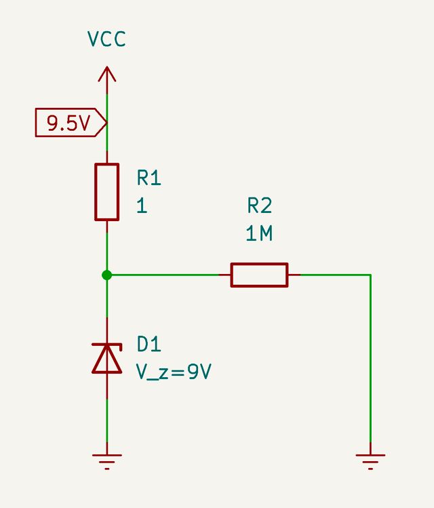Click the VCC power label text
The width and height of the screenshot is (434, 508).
pyautogui.click(x=106, y=39)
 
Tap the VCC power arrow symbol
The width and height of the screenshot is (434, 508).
pyautogui.click(x=106, y=75)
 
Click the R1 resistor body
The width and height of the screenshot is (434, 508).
pyautogui.click(x=106, y=192)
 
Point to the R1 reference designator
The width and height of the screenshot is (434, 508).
pyautogui.click(x=149, y=178)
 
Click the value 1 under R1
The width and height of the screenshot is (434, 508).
pyautogui.click(x=142, y=206)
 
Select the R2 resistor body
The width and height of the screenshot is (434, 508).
pyautogui.click(x=259, y=275)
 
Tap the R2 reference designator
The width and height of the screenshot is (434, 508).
pyautogui.click(x=259, y=206)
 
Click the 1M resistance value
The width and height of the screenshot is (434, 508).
pyautogui.click(x=259, y=234)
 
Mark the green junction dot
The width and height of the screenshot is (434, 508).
pyautogui.click(x=106, y=275)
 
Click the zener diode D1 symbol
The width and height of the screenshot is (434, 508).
pyautogui.click(x=106, y=357)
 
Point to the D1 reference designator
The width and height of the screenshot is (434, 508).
pyautogui.click(x=149, y=345)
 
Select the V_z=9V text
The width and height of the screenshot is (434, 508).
pyautogui.click(x=174, y=372)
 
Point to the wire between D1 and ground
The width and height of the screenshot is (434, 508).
pyautogui.click(x=106, y=414)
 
